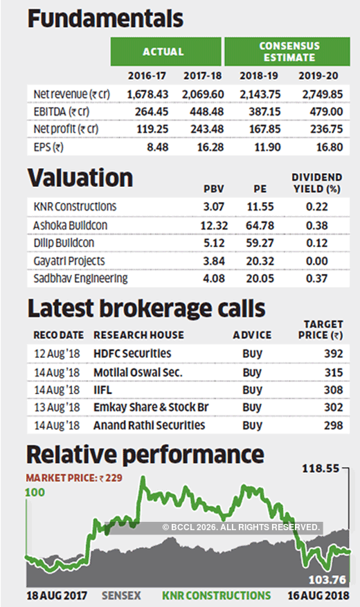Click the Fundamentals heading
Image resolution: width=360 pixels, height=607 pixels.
105,19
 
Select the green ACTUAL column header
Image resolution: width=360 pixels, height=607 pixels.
163,52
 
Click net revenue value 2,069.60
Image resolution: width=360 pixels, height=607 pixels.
205,93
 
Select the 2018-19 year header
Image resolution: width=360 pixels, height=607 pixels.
258,75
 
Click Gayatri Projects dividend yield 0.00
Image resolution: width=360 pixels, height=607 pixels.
316,261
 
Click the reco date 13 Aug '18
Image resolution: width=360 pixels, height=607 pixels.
58,408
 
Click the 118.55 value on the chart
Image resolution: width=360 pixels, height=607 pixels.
322,469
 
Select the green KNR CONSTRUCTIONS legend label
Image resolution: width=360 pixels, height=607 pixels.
216,595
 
